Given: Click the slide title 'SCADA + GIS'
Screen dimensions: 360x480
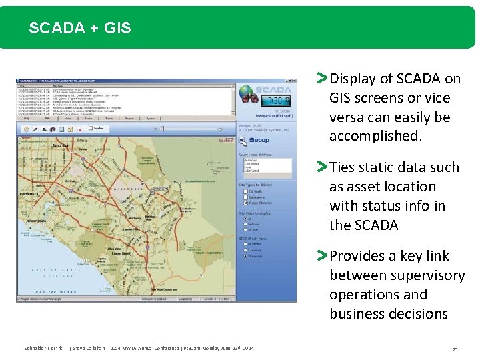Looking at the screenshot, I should (80, 28).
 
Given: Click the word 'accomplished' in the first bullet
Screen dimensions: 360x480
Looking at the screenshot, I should (375, 136).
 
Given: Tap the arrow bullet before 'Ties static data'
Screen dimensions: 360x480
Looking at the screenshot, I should (322, 167).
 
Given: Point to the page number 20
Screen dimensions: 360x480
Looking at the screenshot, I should (455, 349).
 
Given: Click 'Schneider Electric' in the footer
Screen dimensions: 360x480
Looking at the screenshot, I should (43, 349).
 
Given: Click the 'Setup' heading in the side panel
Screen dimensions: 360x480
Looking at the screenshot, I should (259, 140).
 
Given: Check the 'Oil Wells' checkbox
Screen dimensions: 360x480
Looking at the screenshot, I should (245, 192).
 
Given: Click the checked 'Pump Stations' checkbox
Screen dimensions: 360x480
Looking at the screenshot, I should (245, 203).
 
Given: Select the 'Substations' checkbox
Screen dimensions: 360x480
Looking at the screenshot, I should (245, 197).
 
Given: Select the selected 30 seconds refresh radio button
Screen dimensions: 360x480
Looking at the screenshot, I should (245, 257).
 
